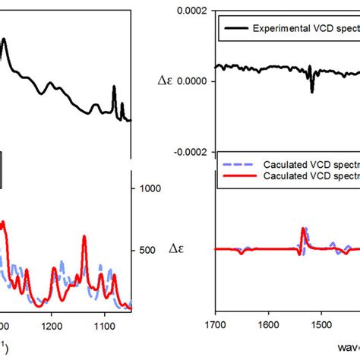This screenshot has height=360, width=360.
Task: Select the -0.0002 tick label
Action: pyautogui.click(x=191, y=151)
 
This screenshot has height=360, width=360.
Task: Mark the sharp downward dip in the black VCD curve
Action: pyautogui.click(x=311, y=90)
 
